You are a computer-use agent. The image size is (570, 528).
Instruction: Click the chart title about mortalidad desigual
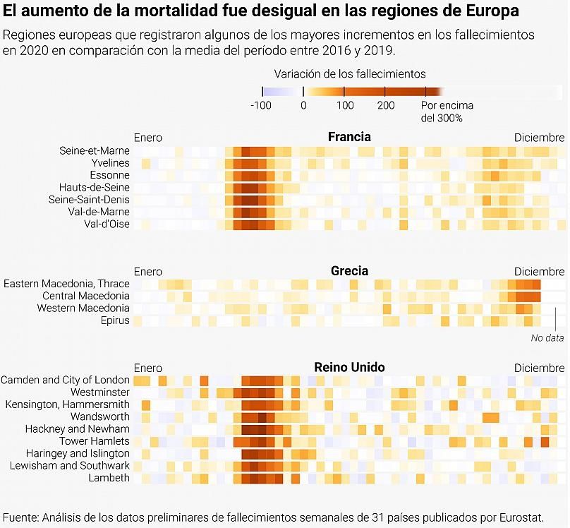[261, 12]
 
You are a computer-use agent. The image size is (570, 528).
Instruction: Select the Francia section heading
[349, 137]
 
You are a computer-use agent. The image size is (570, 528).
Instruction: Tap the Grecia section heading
[349, 271]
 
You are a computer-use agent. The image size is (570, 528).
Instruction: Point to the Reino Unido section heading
[349, 368]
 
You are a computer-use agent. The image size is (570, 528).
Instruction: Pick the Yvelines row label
[110, 163]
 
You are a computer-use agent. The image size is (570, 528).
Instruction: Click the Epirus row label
[115, 320]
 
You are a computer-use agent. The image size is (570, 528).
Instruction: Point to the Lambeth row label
[109, 478]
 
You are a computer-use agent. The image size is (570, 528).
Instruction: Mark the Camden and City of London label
[65, 380]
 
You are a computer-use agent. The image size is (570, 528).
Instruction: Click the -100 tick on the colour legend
[261, 106]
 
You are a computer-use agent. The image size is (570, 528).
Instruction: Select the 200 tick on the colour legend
[386, 106]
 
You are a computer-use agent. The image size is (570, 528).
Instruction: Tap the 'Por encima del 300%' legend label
[447, 112]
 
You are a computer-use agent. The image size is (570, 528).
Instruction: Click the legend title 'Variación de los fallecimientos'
[350, 73]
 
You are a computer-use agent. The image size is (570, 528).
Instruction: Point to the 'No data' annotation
[547, 338]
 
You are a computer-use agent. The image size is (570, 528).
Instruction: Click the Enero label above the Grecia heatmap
[148, 272]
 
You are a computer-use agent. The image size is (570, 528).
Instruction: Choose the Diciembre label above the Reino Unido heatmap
[539, 368]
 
